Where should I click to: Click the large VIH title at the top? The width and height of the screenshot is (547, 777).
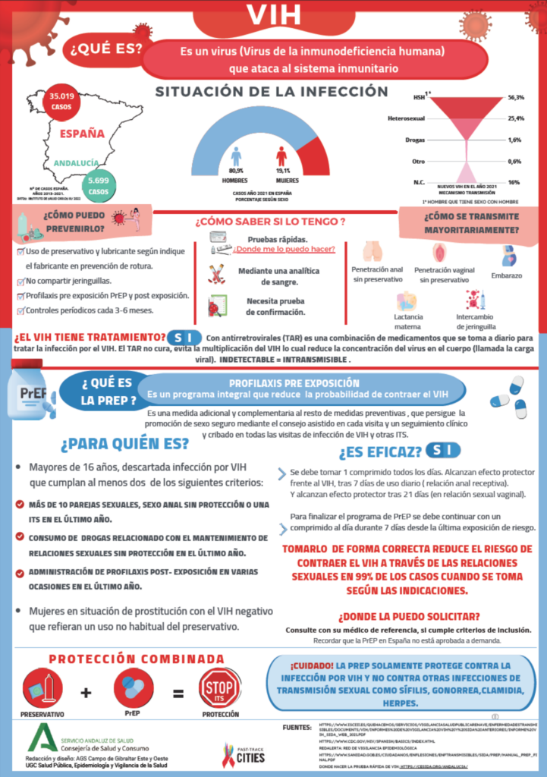[273, 15]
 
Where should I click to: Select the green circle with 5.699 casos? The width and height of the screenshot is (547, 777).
[99, 185]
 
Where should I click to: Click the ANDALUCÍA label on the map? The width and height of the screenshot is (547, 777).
[76, 162]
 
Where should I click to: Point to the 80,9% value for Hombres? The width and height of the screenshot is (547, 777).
[236, 171]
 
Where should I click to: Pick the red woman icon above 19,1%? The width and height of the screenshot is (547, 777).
[281, 156]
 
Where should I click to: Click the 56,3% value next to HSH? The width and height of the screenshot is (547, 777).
[516, 98]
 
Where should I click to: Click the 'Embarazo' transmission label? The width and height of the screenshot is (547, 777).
[507, 275]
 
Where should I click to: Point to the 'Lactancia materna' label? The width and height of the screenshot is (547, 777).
[408, 321]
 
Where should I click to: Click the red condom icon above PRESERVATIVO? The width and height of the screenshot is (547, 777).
[42, 689]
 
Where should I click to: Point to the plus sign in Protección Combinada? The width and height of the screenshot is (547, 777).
[86, 692]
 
